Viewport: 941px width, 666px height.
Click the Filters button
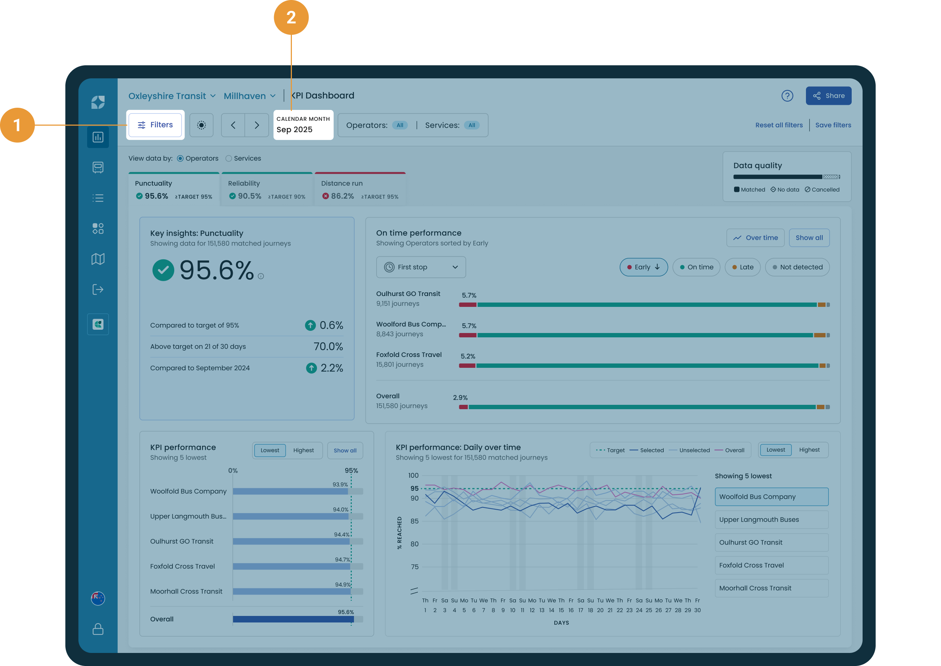(155, 125)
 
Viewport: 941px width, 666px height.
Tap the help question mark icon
(787, 96)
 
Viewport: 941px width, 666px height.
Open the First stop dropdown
(421, 267)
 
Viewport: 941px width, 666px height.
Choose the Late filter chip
(742, 267)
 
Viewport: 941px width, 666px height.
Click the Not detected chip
(797, 267)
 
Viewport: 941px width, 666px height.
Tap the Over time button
(755, 238)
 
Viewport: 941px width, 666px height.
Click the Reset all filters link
(779, 125)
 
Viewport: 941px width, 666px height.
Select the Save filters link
(833, 125)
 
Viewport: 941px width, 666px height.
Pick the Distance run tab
(360, 189)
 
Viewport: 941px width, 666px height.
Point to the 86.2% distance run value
(342, 197)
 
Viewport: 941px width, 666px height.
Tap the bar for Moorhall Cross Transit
(292, 591)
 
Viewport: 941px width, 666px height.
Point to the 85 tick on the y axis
(415, 521)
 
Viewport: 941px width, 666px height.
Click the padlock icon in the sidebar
(98, 629)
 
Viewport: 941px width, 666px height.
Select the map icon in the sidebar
(98, 259)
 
